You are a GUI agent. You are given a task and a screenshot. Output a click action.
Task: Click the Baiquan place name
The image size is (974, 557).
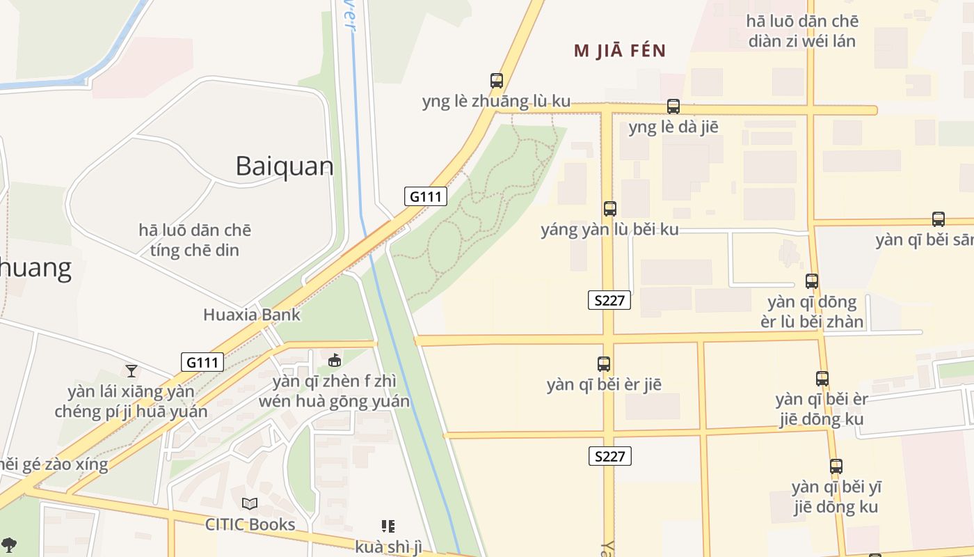pos(284,166)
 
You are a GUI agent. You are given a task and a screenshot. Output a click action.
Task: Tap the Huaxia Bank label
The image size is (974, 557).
pos(252,315)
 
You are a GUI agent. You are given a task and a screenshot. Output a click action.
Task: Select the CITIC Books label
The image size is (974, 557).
pos(250,524)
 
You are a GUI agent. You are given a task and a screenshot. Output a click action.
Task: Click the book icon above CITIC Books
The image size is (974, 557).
pos(250,503)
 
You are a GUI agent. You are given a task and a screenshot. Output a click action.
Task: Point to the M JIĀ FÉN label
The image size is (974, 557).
pos(620,51)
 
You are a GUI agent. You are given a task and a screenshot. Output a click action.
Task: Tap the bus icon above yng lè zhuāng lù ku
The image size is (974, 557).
pos(496,81)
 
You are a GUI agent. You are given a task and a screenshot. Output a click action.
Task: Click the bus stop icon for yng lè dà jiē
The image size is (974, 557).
pos(673,107)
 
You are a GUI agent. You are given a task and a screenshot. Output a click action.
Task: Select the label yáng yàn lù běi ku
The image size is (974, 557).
pos(609,230)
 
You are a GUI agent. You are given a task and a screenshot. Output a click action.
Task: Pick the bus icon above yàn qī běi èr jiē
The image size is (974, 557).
pos(604,364)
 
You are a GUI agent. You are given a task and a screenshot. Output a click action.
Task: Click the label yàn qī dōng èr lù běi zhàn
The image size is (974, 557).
pos(815,312)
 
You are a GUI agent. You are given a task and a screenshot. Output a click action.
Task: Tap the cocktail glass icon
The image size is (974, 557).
pos(131,370)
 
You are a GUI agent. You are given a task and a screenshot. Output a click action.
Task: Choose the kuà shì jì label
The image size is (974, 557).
pos(388,547)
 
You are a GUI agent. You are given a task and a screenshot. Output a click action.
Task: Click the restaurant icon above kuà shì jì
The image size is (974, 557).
pos(388,526)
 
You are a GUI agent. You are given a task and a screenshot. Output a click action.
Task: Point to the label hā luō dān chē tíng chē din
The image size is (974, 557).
pos(195,240)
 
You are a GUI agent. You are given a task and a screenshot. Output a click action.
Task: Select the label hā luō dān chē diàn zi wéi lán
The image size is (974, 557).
pos(802,31)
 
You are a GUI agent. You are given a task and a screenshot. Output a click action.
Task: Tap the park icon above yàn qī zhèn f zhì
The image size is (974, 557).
pos(335,360)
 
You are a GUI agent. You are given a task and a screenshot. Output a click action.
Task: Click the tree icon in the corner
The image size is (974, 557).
pos(8,544)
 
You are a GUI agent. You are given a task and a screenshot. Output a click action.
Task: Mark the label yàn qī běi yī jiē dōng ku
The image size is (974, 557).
pos(836,496)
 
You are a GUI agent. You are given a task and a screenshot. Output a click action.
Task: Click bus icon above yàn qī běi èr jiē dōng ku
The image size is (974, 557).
pos(822,379)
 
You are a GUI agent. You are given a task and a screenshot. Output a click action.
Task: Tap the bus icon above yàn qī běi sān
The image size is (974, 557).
pos(939,219)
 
